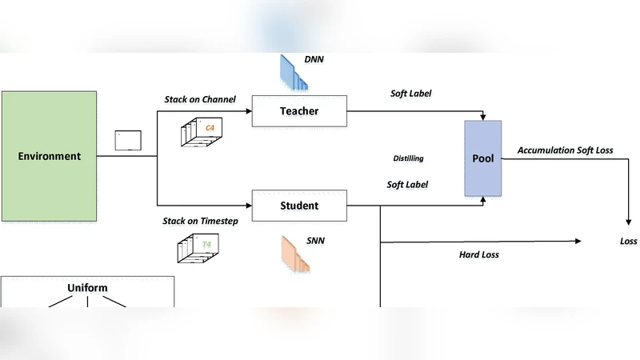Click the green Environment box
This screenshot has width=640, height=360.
click(50, 156)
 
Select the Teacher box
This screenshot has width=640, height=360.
click(299, 110)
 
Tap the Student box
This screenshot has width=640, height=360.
click(299, 206)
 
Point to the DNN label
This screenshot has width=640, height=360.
click(314, 59)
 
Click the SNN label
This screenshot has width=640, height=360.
click(314, 239)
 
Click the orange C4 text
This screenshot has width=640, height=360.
click(210, 127)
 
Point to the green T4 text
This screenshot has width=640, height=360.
click(206, 243)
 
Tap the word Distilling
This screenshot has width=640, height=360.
click(409, 158)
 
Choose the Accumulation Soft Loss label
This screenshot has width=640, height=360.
click(566, 150)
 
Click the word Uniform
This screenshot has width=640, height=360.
click(87, 288)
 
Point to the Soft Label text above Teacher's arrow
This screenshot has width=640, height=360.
click(410, 94)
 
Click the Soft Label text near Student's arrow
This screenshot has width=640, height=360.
click(407, 185)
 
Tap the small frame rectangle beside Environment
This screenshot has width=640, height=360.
click(128, 140)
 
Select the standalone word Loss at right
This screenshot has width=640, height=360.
click(629, 241)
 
